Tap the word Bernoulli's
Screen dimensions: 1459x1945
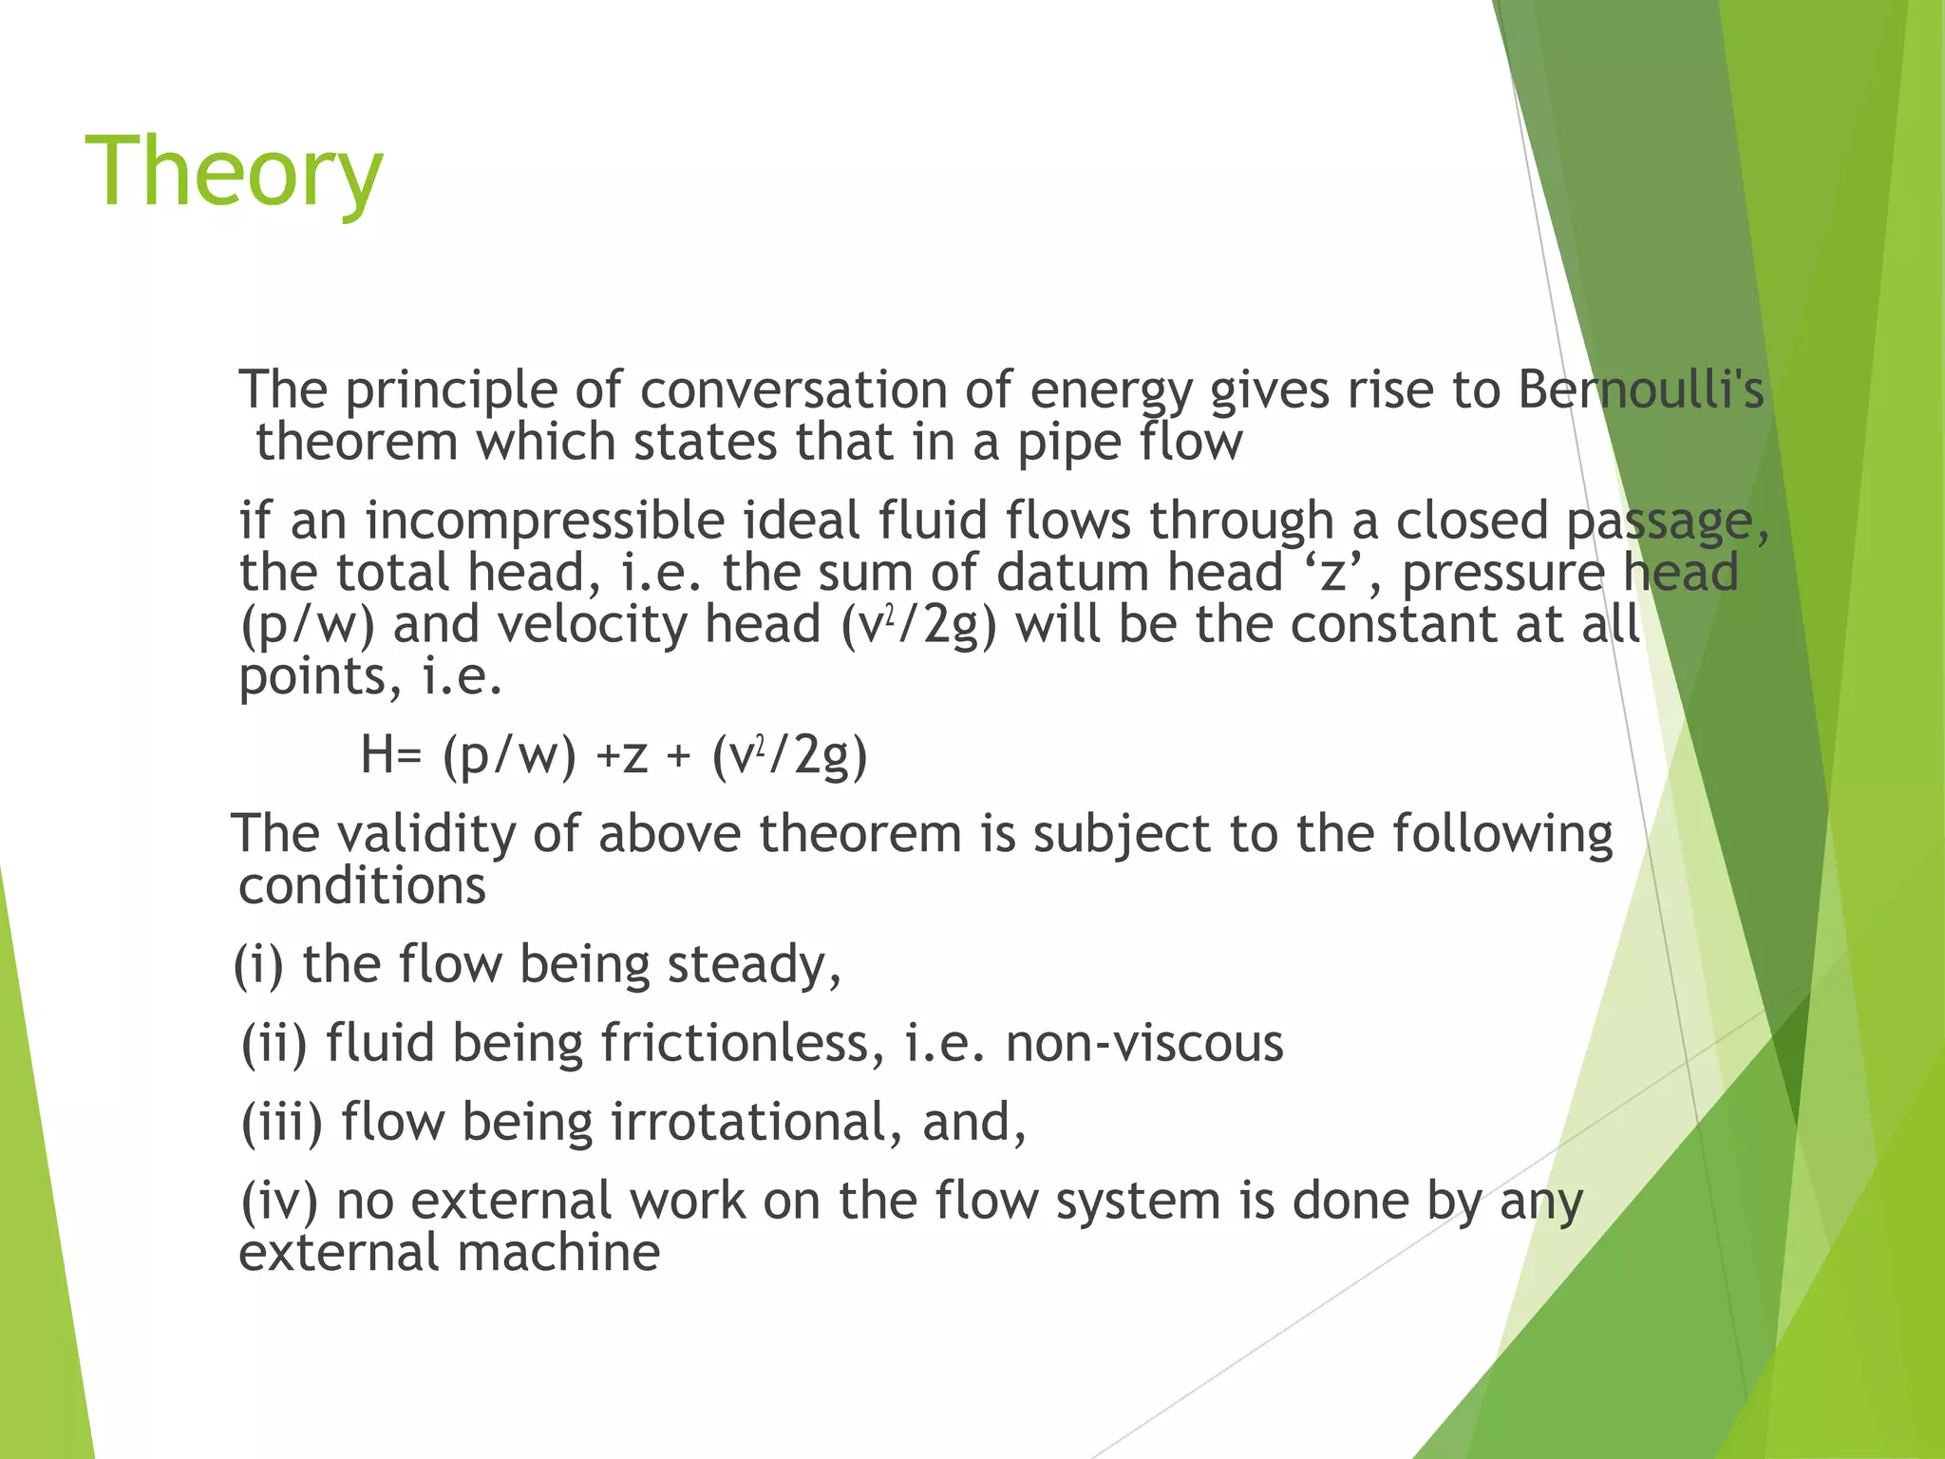[1640, 390]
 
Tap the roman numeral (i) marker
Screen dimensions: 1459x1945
[259, 965]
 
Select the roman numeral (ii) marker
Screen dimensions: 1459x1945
[274, 1044]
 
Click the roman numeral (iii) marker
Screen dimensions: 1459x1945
[282, 1123]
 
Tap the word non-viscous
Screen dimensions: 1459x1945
[1144, 1044]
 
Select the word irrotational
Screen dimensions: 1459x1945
[755, 1123]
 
